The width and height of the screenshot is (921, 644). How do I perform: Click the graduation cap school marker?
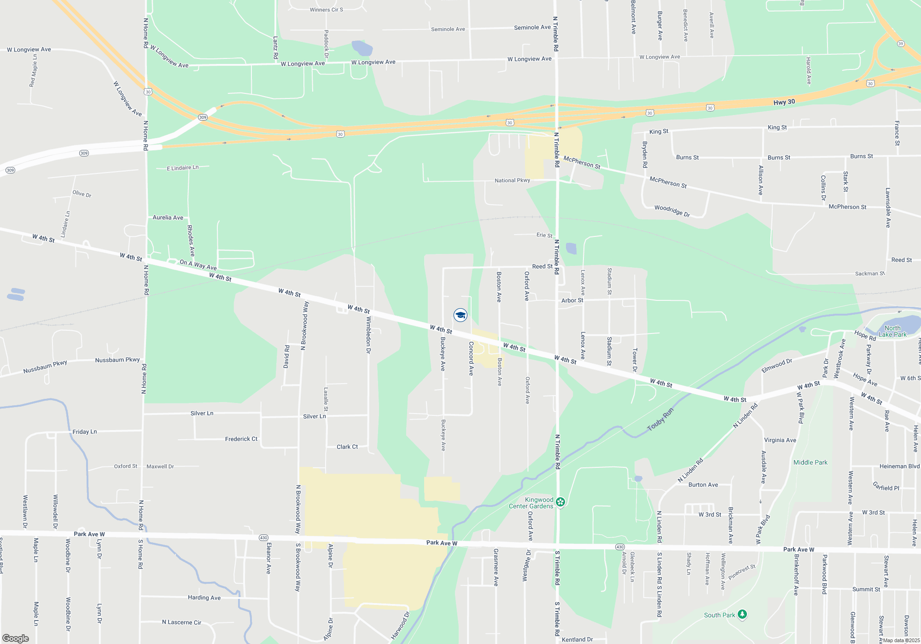[460, 315]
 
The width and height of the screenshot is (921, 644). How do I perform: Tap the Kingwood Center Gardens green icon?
[560, 502]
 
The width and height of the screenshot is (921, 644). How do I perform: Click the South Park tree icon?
[742, 615]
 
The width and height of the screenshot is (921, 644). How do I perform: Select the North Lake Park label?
[892, 331]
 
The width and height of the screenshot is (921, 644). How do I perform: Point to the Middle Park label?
[810, 462]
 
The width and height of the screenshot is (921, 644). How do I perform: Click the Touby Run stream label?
[660, 420]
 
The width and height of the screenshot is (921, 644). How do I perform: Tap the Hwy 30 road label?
[784, 102]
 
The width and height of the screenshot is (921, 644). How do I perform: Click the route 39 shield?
[901, 44]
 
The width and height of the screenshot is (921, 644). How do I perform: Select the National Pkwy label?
[512, 180]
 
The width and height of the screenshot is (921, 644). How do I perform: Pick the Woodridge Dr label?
[672, 211]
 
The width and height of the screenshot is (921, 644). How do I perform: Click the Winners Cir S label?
[326, 10]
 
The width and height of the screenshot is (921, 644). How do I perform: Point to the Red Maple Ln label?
[33, 70]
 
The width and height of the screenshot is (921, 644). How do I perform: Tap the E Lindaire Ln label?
[183, 168]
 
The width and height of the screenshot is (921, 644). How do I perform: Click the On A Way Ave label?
[198, 264]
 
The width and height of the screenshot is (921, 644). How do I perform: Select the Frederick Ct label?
[241, 439]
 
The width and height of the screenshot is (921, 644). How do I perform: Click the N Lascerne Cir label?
[181, 622]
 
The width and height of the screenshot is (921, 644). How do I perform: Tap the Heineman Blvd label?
[899, 466]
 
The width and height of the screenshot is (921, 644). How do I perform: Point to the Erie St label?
[544, 235]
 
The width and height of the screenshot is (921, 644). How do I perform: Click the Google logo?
[16, 638]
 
